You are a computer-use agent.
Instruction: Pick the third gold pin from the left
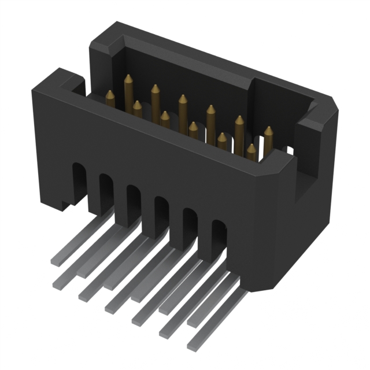[x=137, y=106]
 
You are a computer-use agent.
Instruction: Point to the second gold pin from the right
[x=251, y=149]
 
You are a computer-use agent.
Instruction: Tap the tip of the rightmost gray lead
[x=193, y=346]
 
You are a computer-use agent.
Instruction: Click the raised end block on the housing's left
[x=58, y=81]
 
